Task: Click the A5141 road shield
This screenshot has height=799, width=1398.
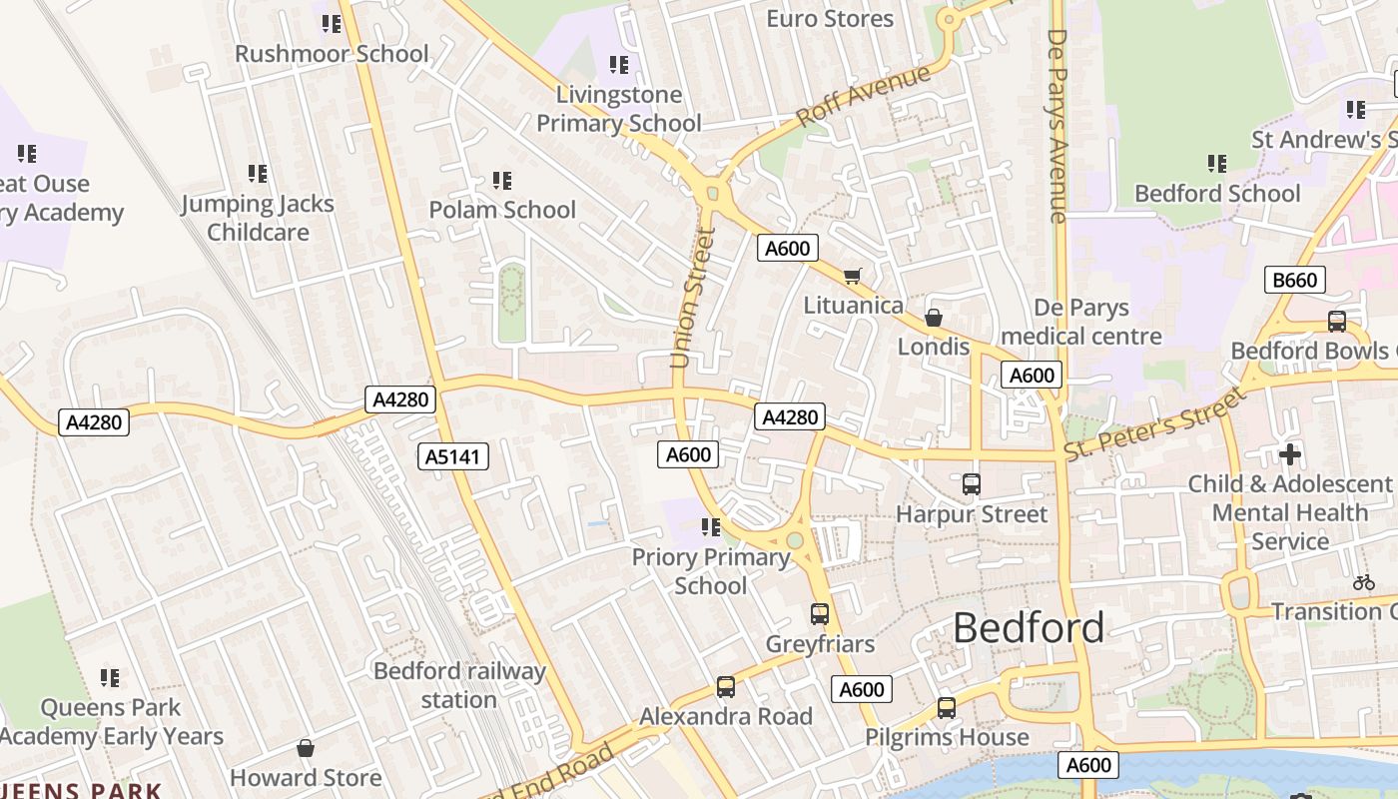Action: point(453,456)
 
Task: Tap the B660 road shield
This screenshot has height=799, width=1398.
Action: point(1295,280)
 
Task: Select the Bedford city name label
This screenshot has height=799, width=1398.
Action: point(1029,628)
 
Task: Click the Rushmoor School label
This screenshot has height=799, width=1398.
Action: point(332,54)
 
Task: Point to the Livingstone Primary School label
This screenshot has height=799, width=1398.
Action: point(619,109)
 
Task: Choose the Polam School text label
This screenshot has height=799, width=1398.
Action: point(502,210)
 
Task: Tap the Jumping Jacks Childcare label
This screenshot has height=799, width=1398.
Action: point(258,218)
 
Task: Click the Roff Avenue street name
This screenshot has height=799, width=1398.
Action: point(864,96)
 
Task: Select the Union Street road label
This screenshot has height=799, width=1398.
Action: point(693,297)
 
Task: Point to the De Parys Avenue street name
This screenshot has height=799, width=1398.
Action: point(1057,125)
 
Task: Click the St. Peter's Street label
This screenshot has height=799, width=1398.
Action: point(1155,423)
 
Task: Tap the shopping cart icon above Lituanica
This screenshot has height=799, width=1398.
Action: point(852,276)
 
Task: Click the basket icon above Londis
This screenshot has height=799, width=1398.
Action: point(934,318)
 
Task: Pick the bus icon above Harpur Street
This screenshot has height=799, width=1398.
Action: point(971,484)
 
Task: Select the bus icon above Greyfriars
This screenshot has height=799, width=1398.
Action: point(820,613)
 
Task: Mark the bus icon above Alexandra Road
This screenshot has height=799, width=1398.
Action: point(726,687)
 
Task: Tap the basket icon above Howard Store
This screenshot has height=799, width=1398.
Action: point(306,748)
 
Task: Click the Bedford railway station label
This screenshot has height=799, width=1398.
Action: point(459,685)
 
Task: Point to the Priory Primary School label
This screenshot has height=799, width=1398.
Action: point(711,571)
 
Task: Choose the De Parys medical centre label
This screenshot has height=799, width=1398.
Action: point(1081,322)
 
